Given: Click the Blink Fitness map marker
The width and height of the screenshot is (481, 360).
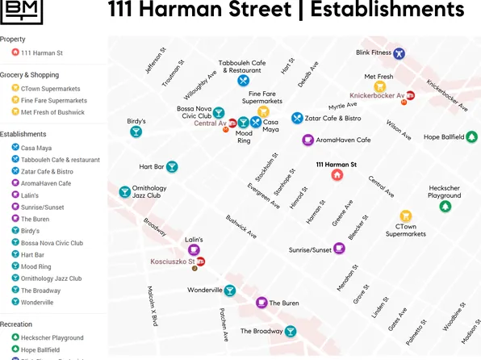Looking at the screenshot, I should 399,53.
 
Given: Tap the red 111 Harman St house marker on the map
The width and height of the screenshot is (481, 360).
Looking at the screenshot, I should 337,175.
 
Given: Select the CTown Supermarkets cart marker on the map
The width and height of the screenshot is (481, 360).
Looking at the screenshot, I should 405,216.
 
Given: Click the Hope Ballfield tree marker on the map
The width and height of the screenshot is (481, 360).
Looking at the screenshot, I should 471,137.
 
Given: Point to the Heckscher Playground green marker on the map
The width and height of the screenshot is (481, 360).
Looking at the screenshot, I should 445,207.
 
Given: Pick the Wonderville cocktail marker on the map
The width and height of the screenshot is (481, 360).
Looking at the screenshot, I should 230,291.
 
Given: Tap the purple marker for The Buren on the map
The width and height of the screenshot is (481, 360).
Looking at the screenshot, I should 261,303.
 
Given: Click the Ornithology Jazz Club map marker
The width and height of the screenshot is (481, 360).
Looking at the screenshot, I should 125,192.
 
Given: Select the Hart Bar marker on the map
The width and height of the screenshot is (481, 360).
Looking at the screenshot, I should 172,167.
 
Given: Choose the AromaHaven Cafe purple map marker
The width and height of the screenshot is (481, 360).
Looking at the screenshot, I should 307,140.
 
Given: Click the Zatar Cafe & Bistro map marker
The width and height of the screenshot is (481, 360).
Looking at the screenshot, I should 297,118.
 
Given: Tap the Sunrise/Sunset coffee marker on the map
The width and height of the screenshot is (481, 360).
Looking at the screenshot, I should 339,249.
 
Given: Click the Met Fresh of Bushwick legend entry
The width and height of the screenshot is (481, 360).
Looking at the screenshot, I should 52,112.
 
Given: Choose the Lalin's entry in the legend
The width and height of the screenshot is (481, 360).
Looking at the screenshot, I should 30,195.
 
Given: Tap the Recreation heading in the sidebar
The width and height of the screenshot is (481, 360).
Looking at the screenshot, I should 16,324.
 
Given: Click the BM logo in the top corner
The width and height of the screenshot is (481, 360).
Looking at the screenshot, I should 21,10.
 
